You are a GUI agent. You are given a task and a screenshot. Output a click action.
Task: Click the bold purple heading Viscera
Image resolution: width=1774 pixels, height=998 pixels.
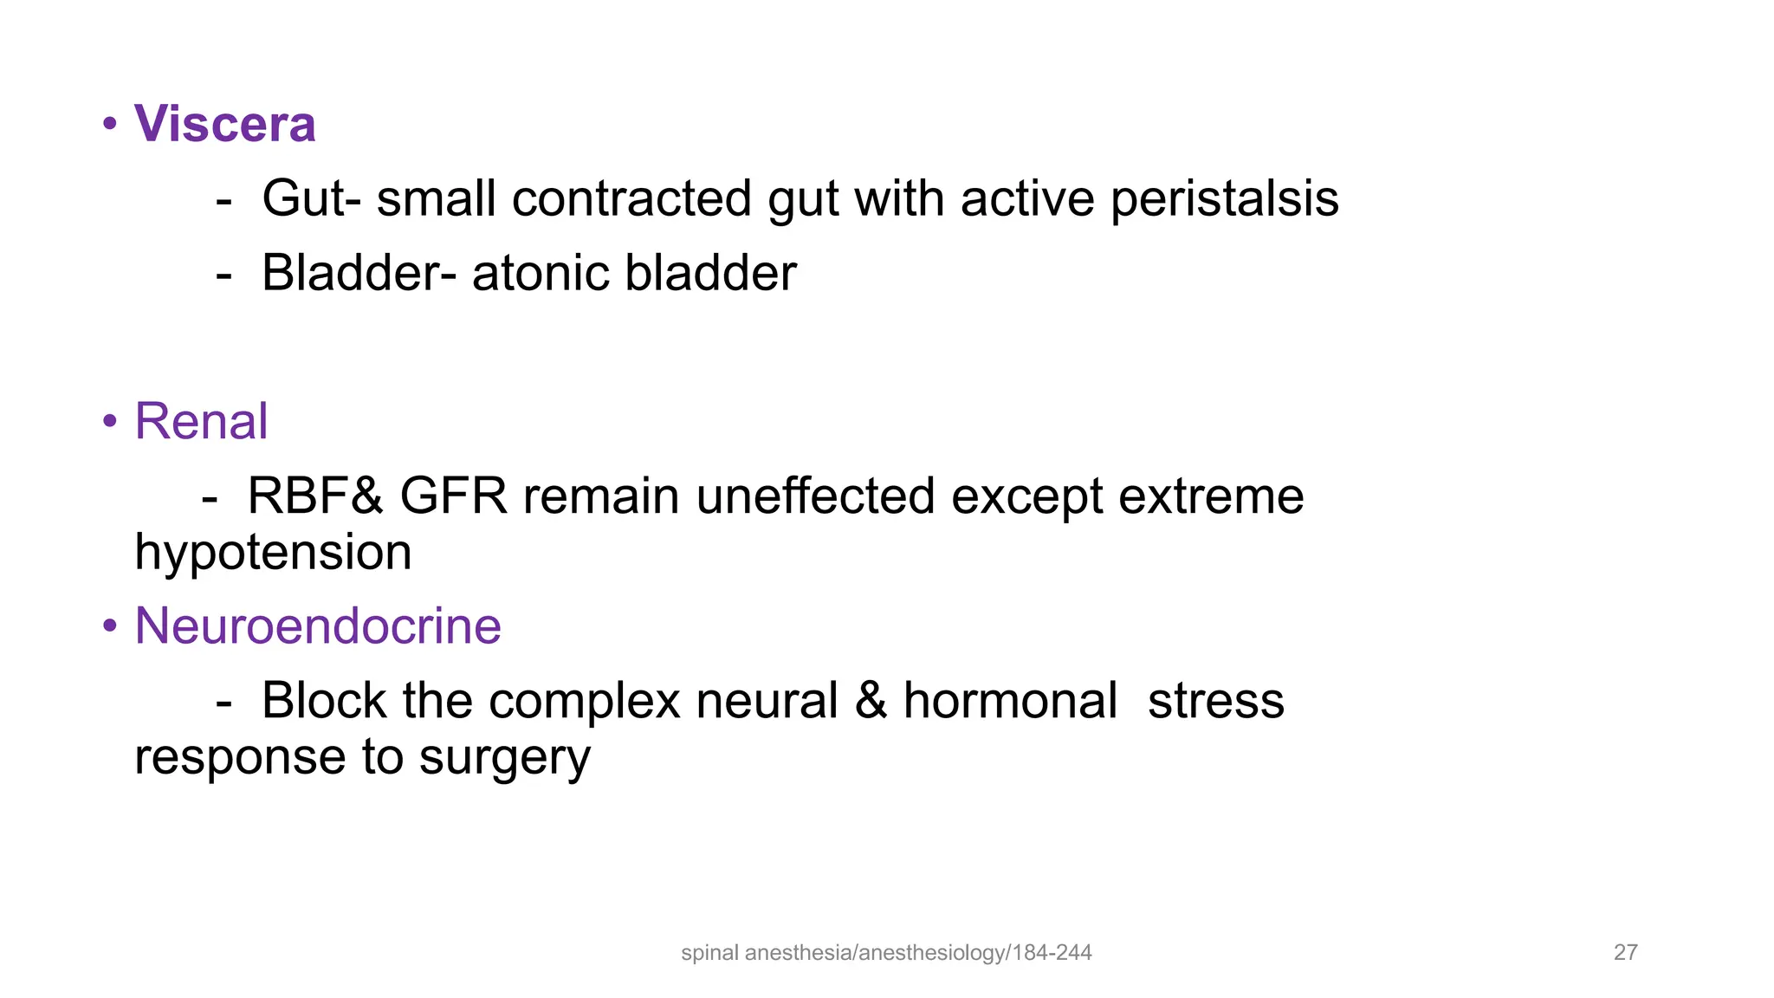[x=224, y=124]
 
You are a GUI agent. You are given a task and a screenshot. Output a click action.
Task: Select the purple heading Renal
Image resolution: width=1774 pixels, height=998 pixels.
[x=201, y=422]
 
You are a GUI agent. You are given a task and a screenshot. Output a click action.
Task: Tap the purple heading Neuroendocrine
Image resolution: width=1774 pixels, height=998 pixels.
[x=318, y=625]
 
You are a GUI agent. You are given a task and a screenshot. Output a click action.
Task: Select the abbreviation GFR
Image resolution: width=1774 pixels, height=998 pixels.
[x=453, y=496]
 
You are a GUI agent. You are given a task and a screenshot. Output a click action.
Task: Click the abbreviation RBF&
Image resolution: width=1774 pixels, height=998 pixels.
[x=314, y=496]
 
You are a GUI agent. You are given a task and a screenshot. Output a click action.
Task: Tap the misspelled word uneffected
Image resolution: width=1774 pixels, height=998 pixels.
[x=814, y=496]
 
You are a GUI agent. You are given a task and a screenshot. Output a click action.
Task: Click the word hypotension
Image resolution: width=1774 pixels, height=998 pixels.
[x=273, y=553]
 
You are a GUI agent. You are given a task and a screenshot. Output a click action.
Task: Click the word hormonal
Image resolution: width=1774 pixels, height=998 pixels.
[x=1010, y=701]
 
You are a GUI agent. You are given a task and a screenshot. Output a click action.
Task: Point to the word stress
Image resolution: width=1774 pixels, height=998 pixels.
[x=1215, y=701]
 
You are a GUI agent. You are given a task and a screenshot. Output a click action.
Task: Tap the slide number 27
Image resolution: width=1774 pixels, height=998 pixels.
[x=1625, y=953]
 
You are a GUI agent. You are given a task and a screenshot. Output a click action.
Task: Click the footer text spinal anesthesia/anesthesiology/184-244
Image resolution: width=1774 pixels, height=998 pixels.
[x=886, y=953]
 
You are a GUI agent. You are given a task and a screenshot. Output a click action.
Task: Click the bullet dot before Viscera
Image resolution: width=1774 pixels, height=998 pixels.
[x=110, y=124]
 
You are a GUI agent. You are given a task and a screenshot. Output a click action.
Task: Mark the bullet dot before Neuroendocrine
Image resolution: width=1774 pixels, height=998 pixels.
[x=110, y=625]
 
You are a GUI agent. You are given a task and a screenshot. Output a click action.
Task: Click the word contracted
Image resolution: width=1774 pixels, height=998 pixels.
[x=631, y=199]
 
